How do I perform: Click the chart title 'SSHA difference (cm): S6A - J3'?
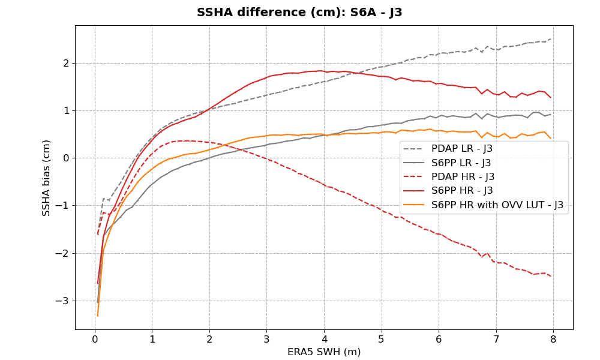pyautogui.click(x=299, y=13)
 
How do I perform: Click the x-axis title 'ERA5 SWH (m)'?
pyautogui.click(x=324, y=352)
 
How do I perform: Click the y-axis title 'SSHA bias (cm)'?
pyautogui.click(x=46, y=178)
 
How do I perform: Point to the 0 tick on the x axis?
pyautogui.click(x=95, y=339)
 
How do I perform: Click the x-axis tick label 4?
pyautogui.click(x=324, y=339)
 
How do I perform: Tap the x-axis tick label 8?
pyautogui.click(x=553, y=339)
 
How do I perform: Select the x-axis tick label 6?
pyautogui.click(x=439, y=339)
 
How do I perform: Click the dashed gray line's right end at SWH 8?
pyautogui.click(x=551, y=39)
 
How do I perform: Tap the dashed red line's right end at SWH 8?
pyautogui.click(x=551, y=277)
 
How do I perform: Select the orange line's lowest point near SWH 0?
pyautogui.click(x=97, y=316)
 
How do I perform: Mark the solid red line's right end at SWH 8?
pyautogui.click(x=551, y=98)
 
